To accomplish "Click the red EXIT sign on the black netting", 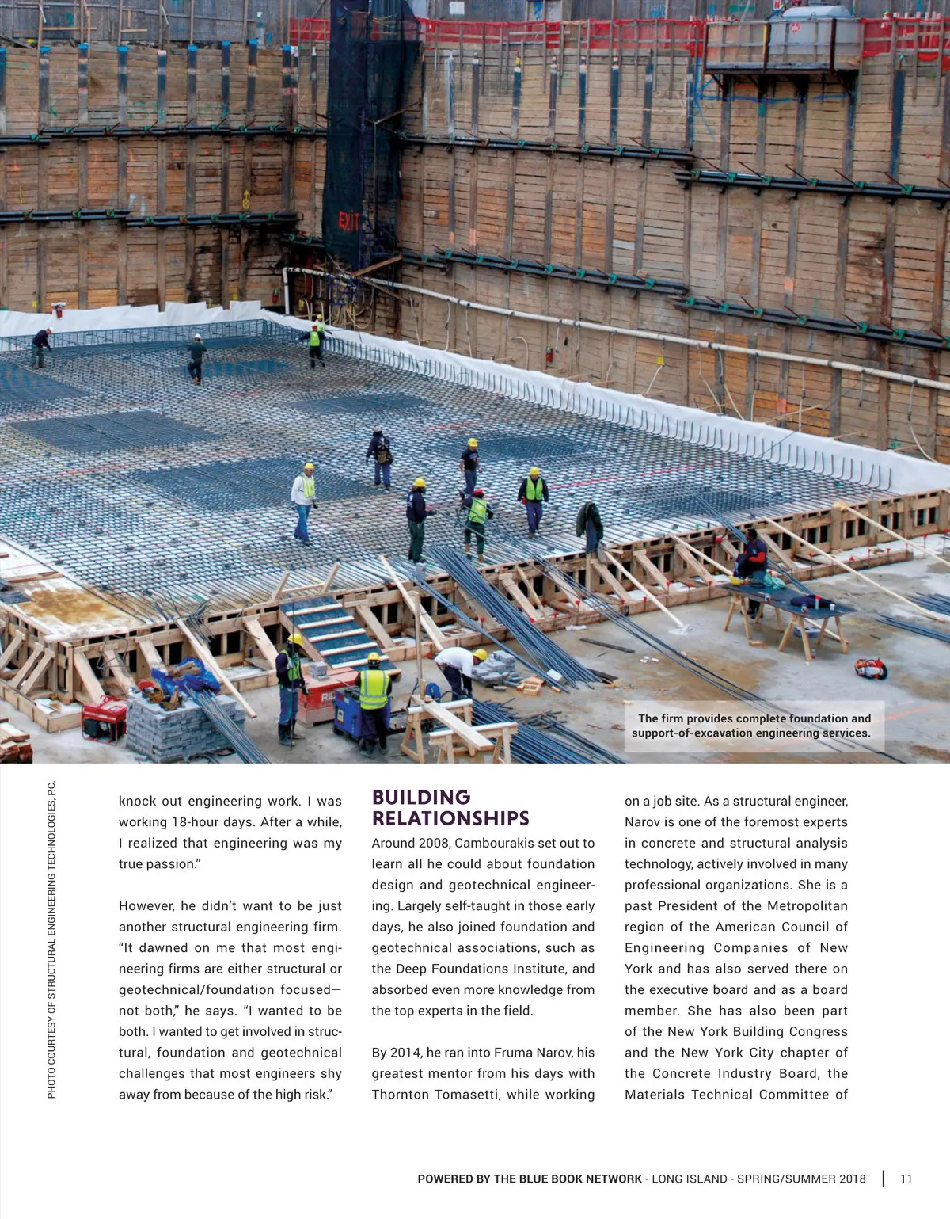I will [349, 221].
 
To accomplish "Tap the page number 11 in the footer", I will [906, 1179].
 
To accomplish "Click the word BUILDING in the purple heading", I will [421, 798].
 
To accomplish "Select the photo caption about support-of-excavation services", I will [753, 726].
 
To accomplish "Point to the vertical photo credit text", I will [51, 939].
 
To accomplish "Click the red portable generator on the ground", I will [104, 717].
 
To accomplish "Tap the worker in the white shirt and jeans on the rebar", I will [303, 502].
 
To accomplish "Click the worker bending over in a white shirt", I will [457, 668].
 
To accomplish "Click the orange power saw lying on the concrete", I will [870, 669].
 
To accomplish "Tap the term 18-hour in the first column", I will [213, 822].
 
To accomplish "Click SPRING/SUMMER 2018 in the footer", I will [801, 1179].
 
